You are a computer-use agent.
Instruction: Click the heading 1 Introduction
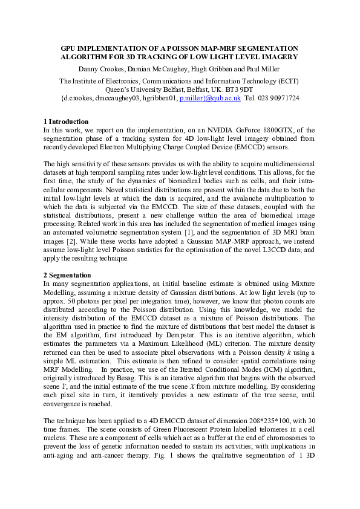tap(67, 122)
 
